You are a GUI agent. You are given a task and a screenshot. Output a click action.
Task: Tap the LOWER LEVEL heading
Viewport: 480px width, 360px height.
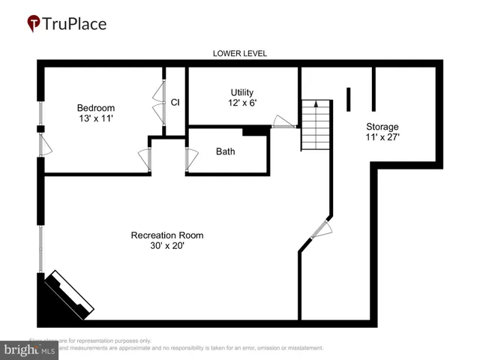coord(240,54)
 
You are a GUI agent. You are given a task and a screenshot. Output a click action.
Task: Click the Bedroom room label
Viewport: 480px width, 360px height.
coord(96,107)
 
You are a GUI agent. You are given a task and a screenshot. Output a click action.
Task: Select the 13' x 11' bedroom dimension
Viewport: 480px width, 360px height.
coord(96,118)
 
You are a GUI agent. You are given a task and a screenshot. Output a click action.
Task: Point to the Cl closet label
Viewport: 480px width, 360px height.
coord(175,102)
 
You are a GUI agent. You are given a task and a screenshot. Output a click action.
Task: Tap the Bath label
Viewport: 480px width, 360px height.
coord(225,151)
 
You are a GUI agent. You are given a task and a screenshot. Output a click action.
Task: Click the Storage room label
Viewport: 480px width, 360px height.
coord(382,126)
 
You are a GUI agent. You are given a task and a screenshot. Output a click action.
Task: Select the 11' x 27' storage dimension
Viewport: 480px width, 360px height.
coord(382,137)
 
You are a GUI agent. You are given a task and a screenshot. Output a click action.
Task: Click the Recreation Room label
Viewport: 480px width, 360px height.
coord(167,235)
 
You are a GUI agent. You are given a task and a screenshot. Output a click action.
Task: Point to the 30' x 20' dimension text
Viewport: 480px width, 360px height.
coord(167,246)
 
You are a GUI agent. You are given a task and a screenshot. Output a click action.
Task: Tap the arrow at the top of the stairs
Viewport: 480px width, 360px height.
coord(316,103)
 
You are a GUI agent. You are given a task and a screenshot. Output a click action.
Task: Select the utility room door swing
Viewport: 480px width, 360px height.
coord(283,121)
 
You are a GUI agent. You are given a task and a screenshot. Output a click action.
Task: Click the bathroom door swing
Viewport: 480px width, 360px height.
coord(192,159)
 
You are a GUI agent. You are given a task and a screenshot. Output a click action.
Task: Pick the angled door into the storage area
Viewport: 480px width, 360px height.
coord(320,229)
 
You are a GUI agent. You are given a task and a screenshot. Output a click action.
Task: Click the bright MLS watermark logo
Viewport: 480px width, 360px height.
coord(30,349)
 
